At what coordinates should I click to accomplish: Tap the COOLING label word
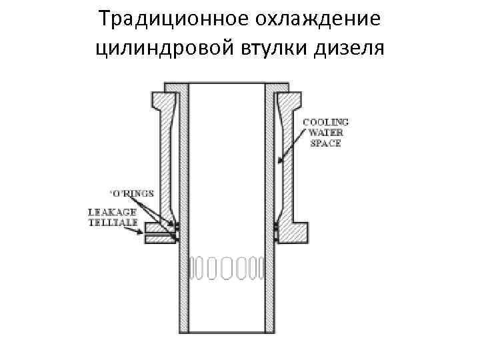(x=326, y=123)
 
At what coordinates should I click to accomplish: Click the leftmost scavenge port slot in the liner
(x=194, y=268)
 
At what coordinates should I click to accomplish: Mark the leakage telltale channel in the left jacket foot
(x=160, y=235)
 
